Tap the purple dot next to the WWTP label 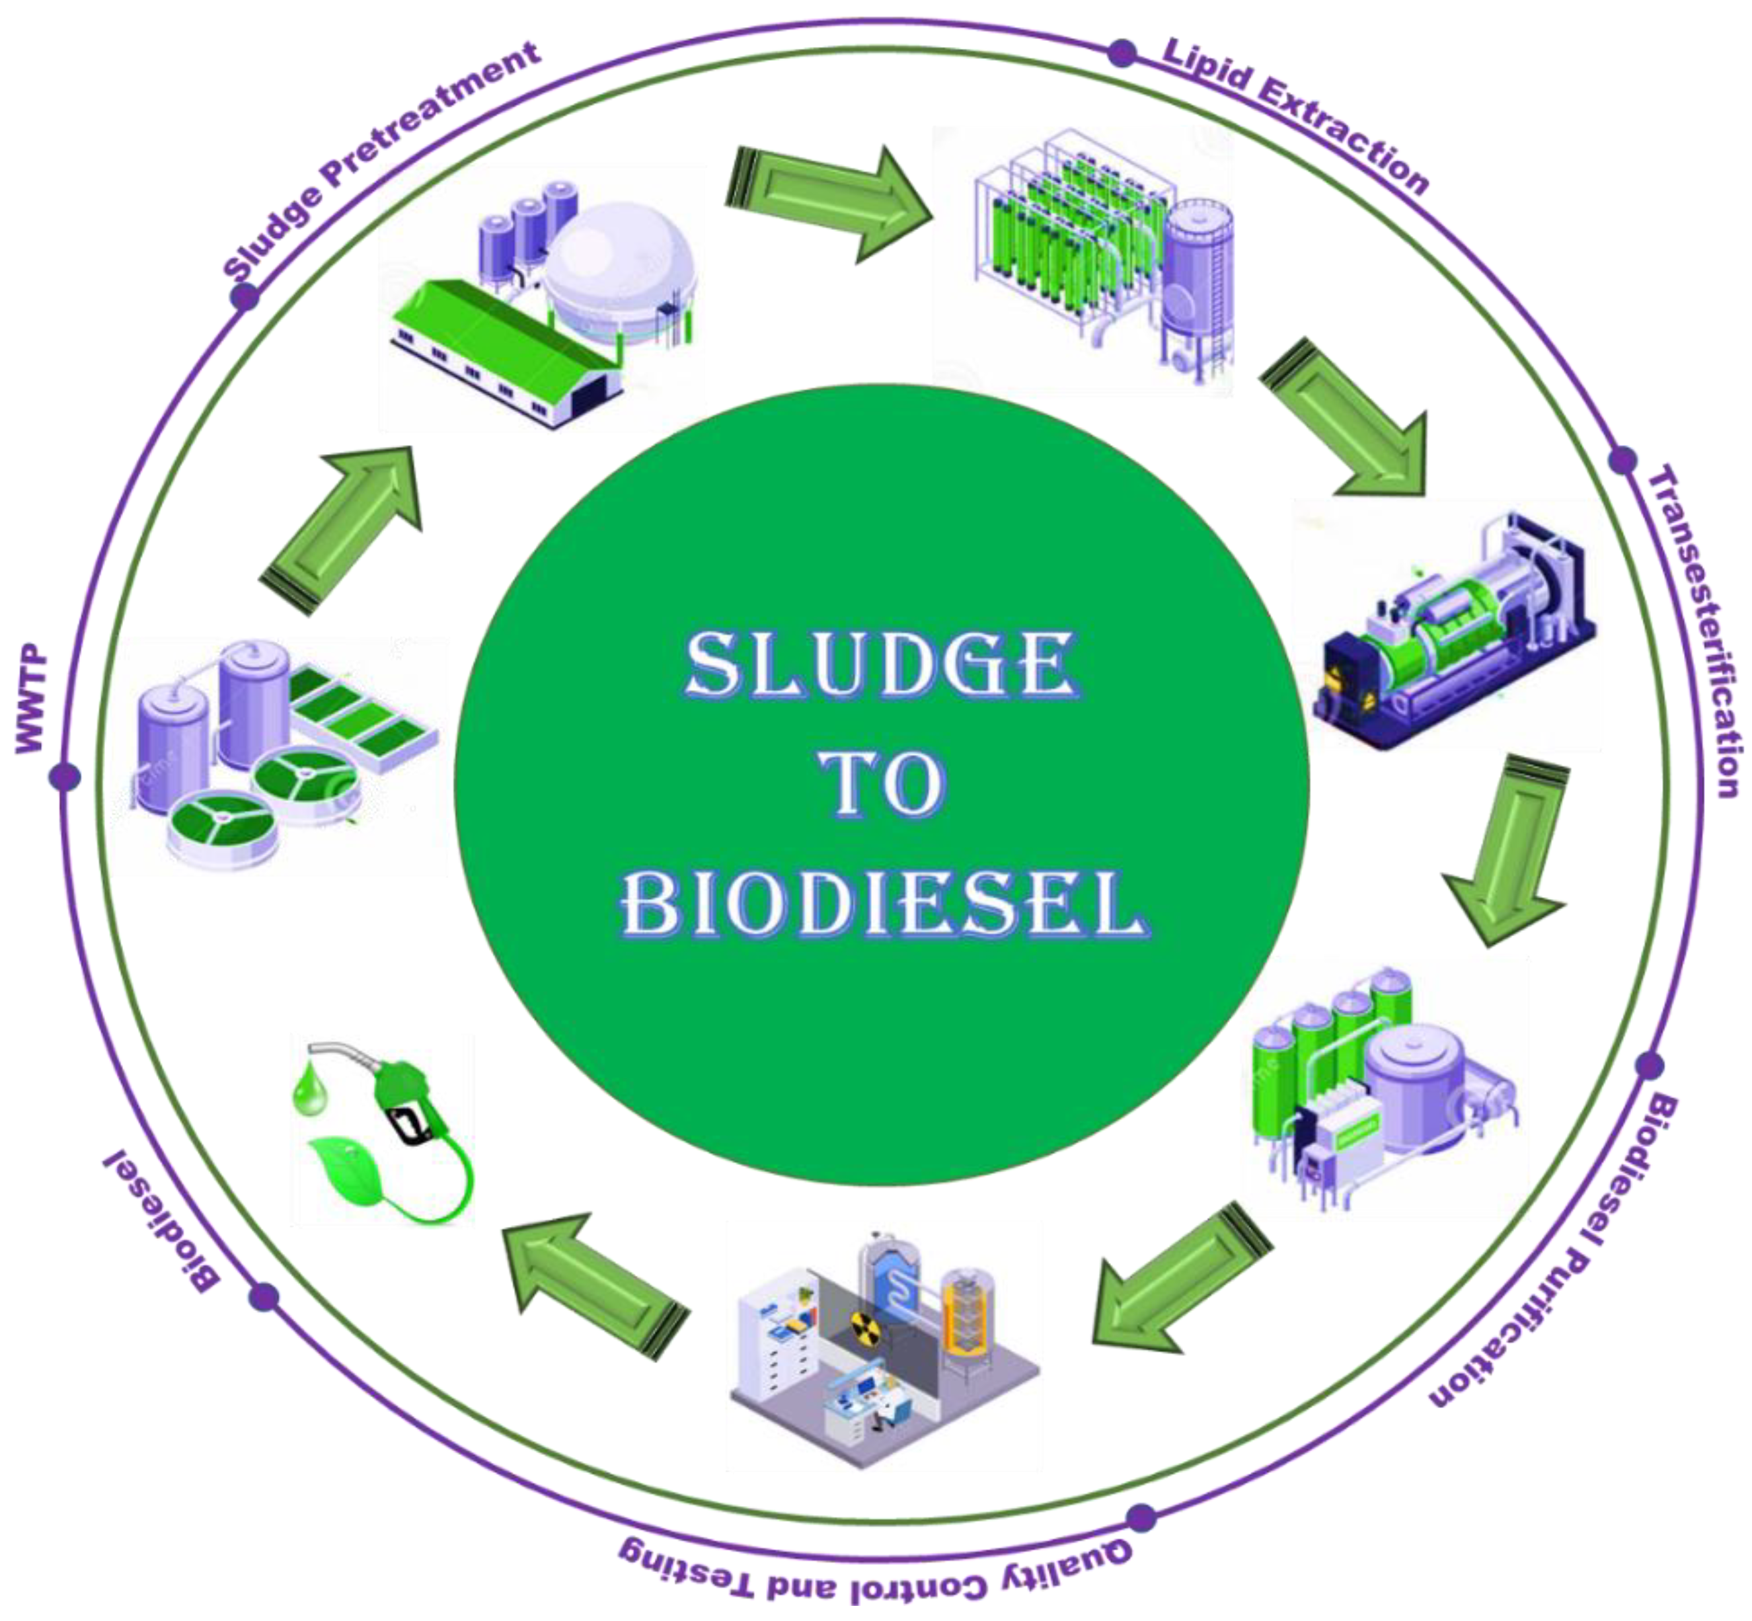click(65, 776)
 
